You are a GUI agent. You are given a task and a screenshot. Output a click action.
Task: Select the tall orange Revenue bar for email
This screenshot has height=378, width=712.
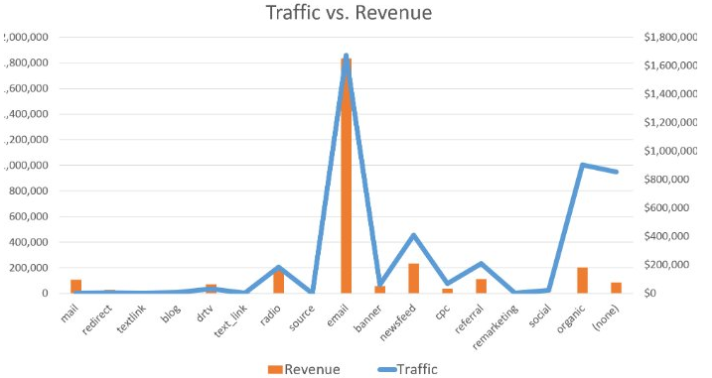click(347, 179)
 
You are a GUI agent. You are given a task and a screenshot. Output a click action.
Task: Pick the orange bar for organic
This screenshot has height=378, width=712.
click(582, 280)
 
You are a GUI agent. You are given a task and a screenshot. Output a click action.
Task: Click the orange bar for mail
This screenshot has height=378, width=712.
click(76, 287)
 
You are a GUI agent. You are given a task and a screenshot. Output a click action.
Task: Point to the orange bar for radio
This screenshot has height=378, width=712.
click(279, 282)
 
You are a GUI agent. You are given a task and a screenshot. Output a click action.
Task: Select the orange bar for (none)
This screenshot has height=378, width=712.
click(616, 288)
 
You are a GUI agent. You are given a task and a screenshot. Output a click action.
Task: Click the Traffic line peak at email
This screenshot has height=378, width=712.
click(347, 56)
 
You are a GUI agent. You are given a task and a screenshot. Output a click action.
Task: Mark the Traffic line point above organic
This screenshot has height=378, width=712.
click(582, 165)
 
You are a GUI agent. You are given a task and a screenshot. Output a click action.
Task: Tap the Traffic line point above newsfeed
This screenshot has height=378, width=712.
click(413, 235)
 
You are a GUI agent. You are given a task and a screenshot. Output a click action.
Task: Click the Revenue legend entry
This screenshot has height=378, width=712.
click(305, 369)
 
